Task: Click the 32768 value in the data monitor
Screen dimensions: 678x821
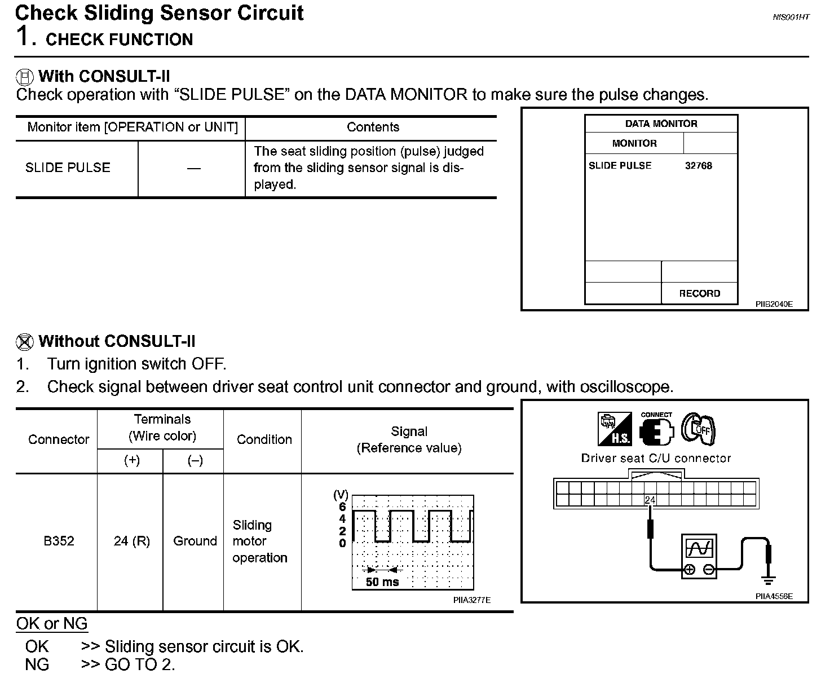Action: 698,166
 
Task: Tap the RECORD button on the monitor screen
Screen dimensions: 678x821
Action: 699,293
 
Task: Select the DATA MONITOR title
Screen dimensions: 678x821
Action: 661,124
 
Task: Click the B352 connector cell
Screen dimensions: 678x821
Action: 59,541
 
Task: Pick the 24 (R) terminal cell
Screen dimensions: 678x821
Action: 131,541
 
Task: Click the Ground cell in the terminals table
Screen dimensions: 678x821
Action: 195,541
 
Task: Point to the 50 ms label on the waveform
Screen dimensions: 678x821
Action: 382,582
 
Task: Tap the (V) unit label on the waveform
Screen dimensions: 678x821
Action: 341,495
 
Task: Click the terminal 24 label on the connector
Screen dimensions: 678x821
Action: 650,500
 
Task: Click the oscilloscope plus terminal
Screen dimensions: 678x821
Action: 689,570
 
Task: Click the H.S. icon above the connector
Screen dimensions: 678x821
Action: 615,429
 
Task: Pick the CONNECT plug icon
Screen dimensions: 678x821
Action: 657,429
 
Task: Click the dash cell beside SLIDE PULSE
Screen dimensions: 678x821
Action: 193,168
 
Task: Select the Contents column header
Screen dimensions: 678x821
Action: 373,127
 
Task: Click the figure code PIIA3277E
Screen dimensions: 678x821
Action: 471,600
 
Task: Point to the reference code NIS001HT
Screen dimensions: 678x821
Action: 791,17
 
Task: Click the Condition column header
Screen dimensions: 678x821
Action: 264,439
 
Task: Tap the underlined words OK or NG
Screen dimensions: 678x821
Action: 52,624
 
